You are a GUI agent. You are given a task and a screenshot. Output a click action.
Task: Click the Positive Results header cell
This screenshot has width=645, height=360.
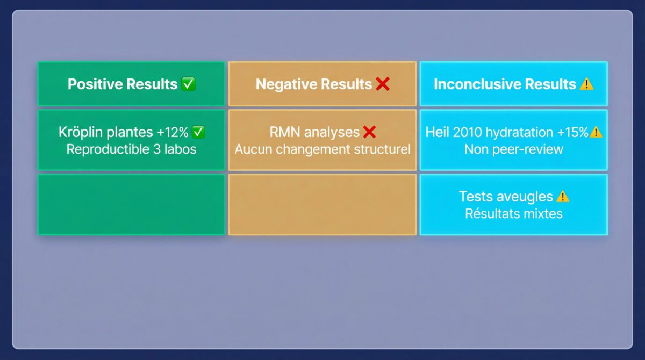(131, 84)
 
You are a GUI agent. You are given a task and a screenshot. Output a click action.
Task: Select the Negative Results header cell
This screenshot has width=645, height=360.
(322, 84)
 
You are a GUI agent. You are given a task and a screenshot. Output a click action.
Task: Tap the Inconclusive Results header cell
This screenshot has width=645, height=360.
(514, 84)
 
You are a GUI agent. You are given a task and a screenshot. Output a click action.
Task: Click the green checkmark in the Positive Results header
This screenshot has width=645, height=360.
(189, 84)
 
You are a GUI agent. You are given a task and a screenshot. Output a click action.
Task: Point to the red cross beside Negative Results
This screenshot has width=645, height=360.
(383, 84)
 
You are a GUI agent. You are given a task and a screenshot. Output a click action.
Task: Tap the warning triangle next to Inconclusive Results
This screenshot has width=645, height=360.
(586, 84)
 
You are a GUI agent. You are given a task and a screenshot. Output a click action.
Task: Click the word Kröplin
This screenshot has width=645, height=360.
(81, 132)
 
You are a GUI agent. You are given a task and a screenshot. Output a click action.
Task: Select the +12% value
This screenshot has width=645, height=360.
(173, 132)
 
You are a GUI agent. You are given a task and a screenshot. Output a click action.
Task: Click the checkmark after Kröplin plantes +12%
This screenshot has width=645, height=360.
(198, 132)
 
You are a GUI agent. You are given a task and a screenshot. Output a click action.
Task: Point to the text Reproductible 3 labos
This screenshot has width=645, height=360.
(131, 149)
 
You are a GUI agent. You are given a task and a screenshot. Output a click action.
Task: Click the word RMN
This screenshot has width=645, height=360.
(285, 132)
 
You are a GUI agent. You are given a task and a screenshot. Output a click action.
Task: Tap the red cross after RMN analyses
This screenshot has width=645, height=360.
(369, 132)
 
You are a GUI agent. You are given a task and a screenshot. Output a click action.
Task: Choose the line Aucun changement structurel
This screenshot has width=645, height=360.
(322, 149)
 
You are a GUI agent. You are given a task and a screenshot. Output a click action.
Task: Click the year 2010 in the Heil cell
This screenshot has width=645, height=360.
(467, 132)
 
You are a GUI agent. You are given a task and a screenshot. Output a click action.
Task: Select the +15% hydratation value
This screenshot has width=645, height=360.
(573, 132)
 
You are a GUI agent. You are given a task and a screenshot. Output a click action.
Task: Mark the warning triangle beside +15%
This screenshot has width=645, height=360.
(596, 132)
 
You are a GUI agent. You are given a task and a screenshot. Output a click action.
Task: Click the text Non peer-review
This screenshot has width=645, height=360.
(514, 149)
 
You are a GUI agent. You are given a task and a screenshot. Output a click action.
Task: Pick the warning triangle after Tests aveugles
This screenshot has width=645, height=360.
(563, 197)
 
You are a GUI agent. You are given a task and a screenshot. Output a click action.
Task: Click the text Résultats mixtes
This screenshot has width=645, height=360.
(514, 214)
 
